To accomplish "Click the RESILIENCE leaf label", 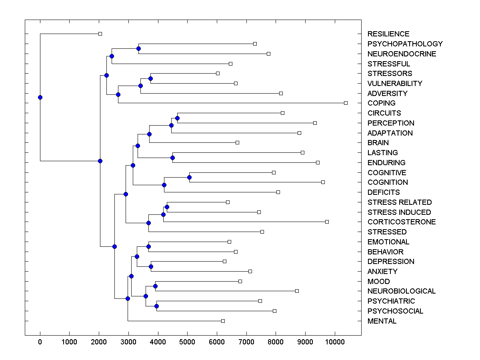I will [x=388, y=34].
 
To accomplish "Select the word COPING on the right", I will [x=381, y=103].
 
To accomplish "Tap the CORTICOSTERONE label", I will [x=402, y=222].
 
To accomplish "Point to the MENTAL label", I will [x=382, y=321].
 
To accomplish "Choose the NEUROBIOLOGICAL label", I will [x=402, y=291].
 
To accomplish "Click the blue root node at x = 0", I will [x=40, y=97].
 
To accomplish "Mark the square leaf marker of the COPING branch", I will [x=346, y=103].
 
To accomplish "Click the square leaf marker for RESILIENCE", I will [x=100, y=34].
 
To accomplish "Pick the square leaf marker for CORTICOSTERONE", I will [x=327, y=222].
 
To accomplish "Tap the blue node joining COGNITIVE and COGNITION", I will [x=190, y=177].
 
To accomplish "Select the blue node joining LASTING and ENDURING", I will [x=172, y=158].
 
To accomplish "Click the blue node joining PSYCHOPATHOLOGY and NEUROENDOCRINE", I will [x=138, y=49].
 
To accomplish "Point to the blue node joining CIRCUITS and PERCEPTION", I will [x=177, y=118].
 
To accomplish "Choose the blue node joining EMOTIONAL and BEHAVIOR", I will [x=148, y=246].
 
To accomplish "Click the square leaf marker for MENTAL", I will [x=223, y=321].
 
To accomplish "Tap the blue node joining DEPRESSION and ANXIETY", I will [x=151, y=266].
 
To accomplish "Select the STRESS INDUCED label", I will [x=399, y=212].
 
